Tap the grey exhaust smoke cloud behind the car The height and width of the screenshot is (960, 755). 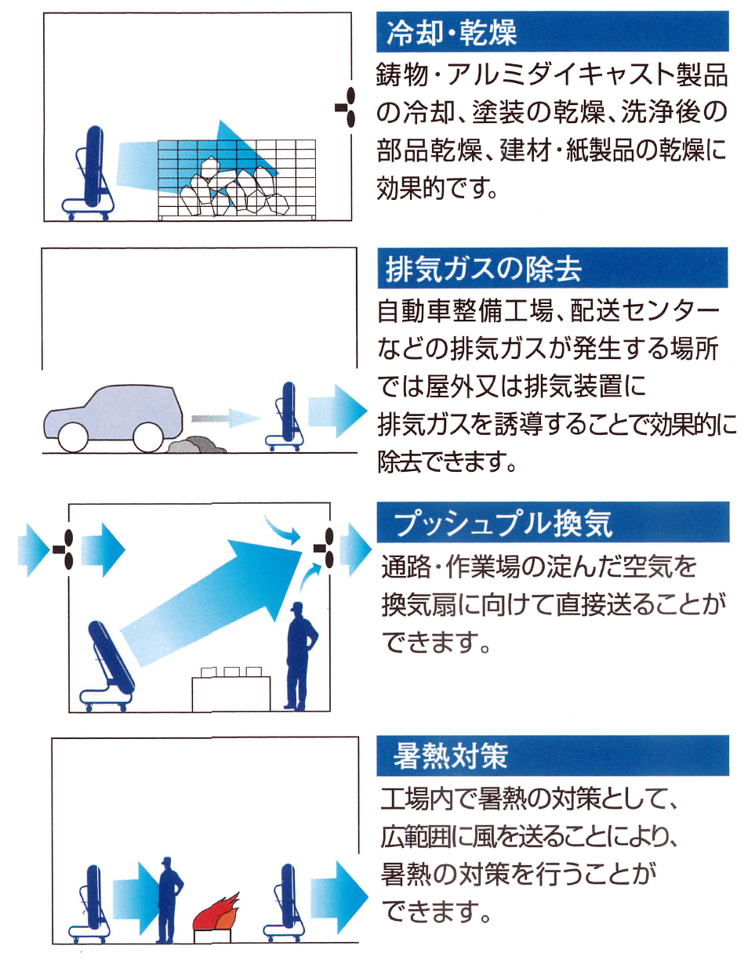pos(195,444)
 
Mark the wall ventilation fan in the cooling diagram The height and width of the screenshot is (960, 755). pos(347,107)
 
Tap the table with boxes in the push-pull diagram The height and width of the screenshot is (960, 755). pos(231,690)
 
